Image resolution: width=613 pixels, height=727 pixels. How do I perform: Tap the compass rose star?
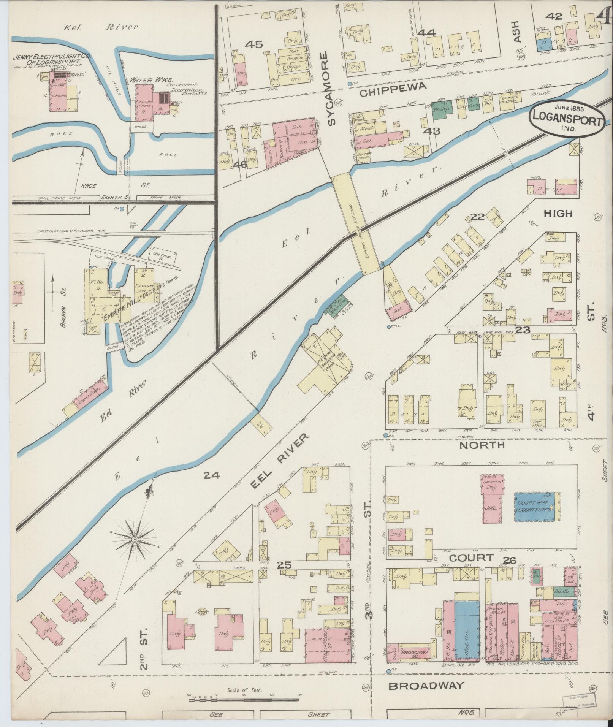[x=135, y=540]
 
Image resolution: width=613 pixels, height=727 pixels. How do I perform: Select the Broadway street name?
[x=426, y=685]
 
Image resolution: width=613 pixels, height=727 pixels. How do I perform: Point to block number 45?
[x=253, y=44]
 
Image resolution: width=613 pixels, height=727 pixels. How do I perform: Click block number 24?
[x=212, y=475]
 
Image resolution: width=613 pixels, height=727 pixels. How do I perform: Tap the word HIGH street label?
[x=558, y=214]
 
